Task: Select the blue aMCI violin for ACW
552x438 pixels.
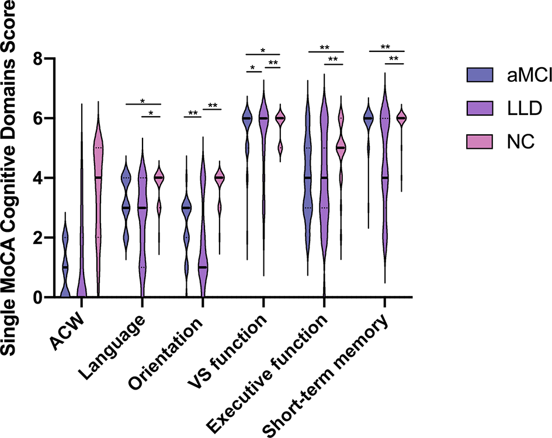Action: [x=65, y=263]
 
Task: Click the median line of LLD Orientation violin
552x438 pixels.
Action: [x=203, y=267]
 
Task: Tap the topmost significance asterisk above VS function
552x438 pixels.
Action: [x=263, y=50]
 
